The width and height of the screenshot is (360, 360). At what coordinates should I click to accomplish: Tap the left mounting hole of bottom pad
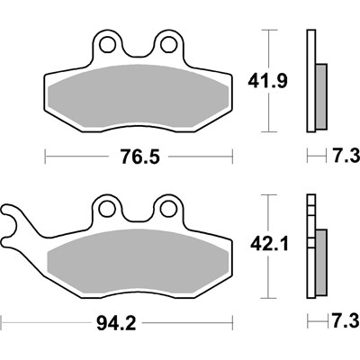pos(107,208)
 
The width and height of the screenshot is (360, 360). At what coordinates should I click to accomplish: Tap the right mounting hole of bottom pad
pos(166,208)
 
